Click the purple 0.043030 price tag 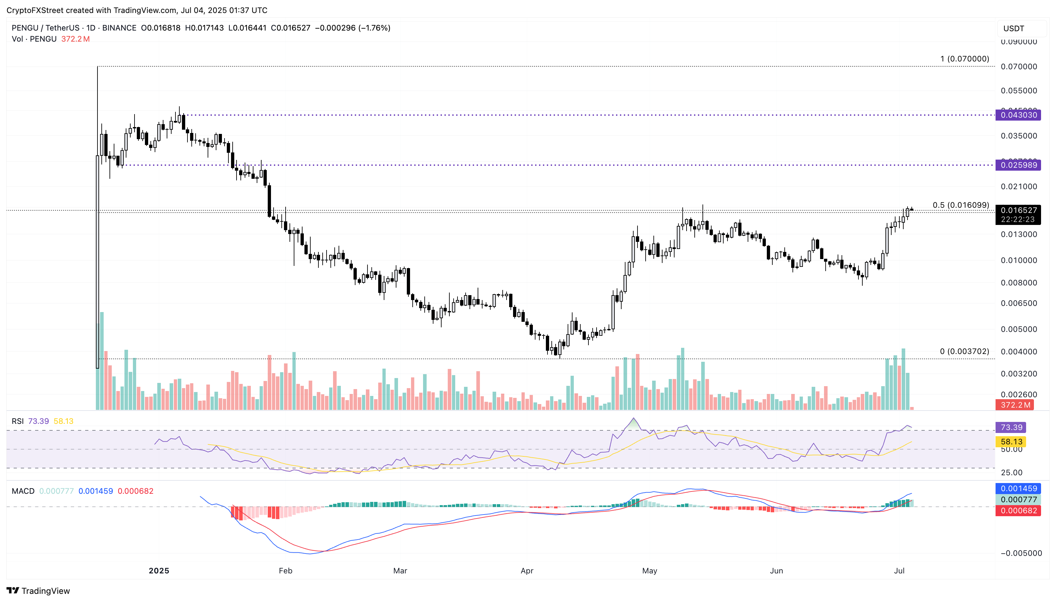[1018, 115]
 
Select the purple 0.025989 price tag [1018, 165]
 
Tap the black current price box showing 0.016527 [1018, 210]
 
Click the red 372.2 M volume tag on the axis [1015, 405]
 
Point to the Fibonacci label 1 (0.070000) [964, 59]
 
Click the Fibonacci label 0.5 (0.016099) [960, 205]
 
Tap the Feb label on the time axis [286, 570]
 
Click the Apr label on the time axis [527, 570]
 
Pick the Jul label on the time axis [899, 570]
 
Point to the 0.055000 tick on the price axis [1019, 91]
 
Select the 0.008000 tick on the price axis [1019, 283]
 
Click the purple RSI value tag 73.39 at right [1011, 427]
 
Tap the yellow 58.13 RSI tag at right [1011, 441]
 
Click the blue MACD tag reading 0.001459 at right [1018, 488]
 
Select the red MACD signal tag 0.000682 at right [1018, 511]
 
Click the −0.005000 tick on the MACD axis [1021, 553]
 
